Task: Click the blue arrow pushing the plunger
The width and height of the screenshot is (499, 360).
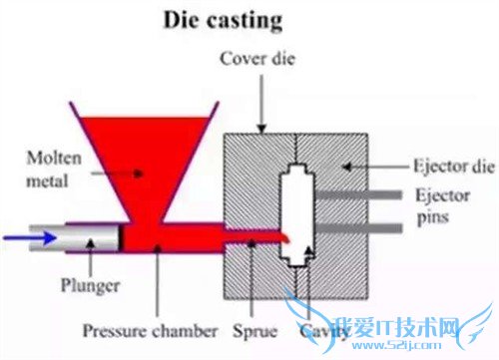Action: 20,237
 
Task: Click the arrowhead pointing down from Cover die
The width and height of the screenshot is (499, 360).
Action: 261,127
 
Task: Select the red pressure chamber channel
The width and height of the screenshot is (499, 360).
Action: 200,237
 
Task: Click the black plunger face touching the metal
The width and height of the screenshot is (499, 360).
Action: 122,237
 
